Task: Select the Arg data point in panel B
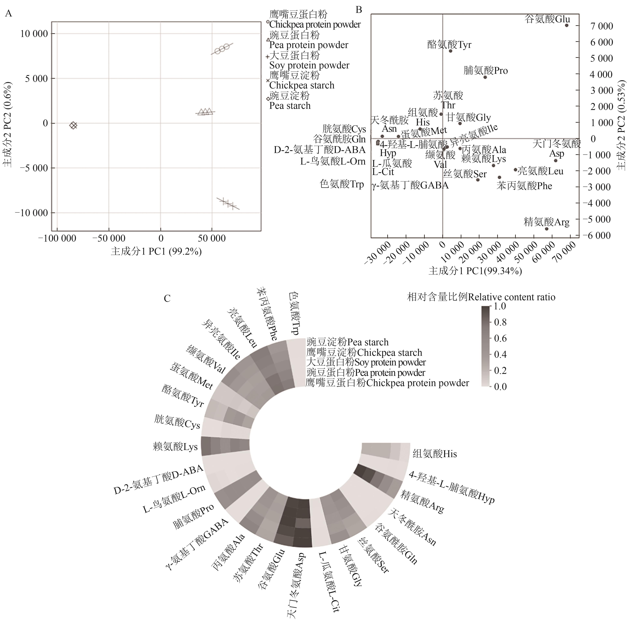[x=547, y=229]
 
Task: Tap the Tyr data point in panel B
[x=450, y=51]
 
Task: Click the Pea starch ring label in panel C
[x=347, y=342]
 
